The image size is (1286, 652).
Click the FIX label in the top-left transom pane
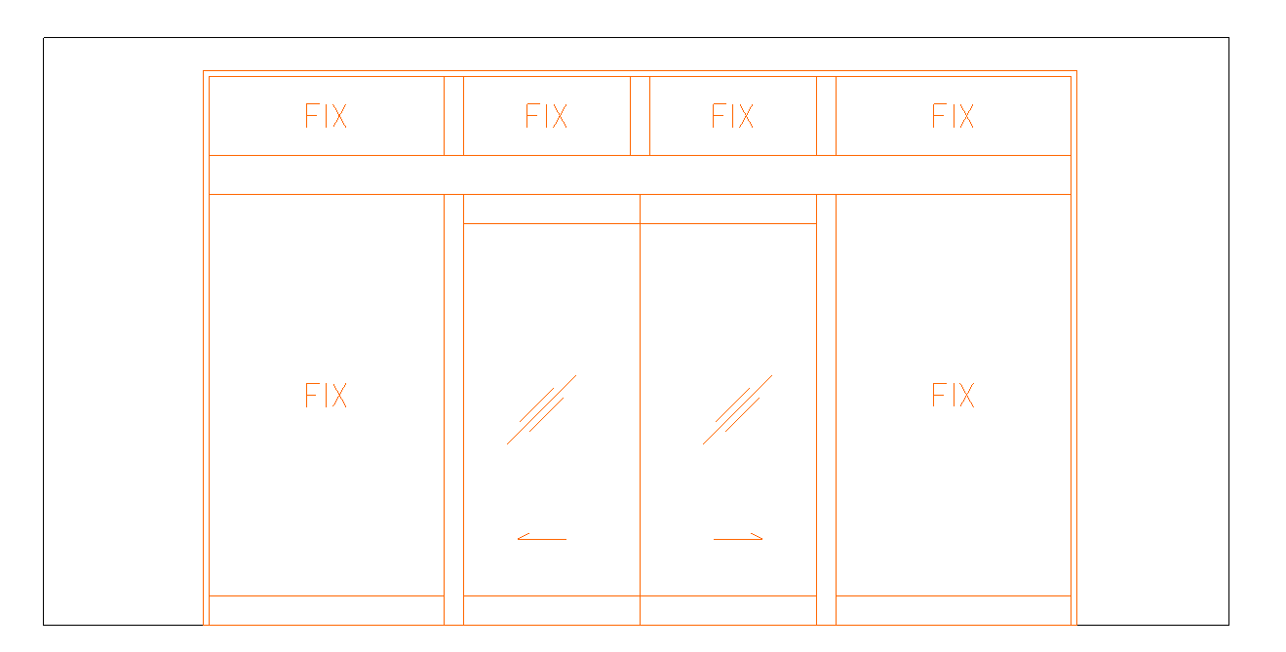[x=326, y=116]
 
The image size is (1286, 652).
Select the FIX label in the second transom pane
[x=547, y=116]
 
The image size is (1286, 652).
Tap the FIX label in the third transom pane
[x=732, y=116]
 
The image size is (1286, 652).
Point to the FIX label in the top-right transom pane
[x=953, y=116]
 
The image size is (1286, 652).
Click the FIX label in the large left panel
[x=326, y=396]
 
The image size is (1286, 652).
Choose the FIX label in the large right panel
[x=953, y=396]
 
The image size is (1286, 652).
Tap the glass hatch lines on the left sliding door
[x=541, y=409]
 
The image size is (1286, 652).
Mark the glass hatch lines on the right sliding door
[x=738, y=409]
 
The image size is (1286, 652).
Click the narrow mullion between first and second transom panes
[x=453, y=116]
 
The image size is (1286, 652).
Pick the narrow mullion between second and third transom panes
[x=641, y=116]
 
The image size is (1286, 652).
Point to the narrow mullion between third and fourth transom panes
[x=826, y=116]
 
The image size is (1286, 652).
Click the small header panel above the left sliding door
[x=552, y=209]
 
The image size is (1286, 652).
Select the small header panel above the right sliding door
[x=728, y=209]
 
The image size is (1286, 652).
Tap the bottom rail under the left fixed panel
[x=327, y=611]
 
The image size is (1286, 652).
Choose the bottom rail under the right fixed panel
[x=954, y=611]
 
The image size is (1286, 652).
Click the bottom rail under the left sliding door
[x=552, y=611]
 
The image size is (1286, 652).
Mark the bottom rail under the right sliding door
[x=728, y=611]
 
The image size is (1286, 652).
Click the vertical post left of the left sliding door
[x=453, y=409]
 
